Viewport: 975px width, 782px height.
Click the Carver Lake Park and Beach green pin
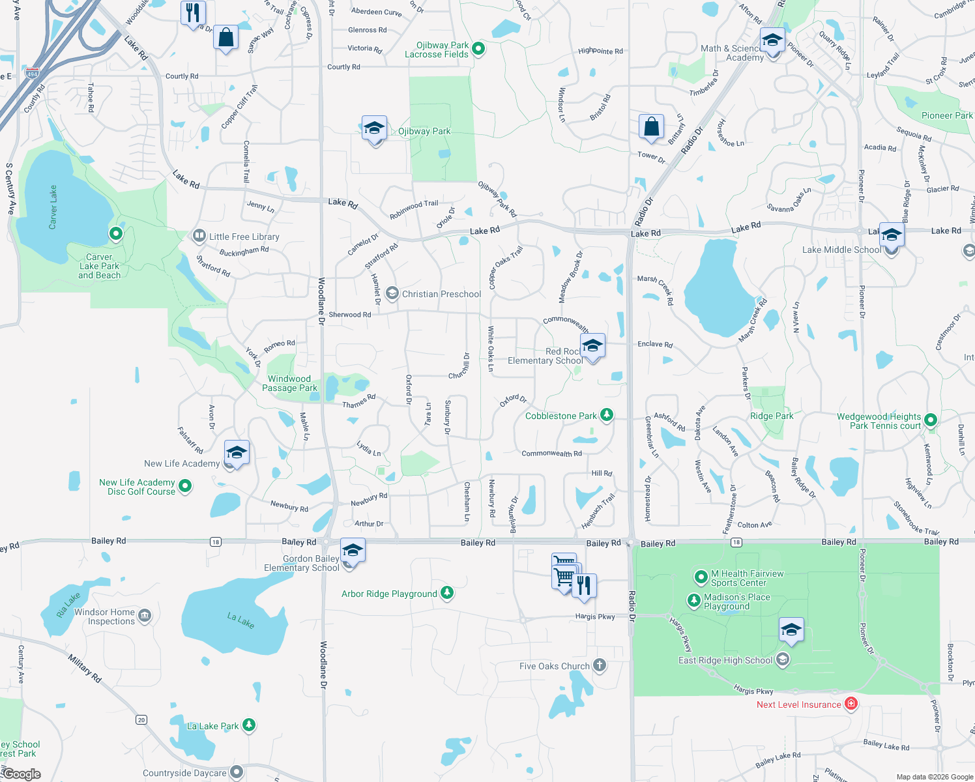[116, 233]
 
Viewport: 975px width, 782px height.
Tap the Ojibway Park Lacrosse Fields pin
[478, 48]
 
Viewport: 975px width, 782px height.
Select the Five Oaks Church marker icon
[600, 665]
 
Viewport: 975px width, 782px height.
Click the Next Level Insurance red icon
[851, 704]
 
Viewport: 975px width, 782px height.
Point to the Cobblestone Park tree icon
[607, 414]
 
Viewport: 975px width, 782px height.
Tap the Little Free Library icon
[199, 236]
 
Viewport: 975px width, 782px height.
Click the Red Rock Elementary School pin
[592, 346]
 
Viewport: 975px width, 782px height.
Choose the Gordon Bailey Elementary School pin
[352, 551]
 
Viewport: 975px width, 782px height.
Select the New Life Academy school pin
[237, 452]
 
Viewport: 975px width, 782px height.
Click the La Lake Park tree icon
[248, 725]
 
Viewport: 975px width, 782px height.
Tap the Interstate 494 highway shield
[32, 74]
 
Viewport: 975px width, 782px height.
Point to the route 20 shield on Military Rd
[141, 719]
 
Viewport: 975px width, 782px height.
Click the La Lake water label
[240, 620]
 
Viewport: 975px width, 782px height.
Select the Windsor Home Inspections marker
[145, 615]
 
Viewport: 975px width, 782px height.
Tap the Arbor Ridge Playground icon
[446, 593]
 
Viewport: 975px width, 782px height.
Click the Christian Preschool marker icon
[392, 294]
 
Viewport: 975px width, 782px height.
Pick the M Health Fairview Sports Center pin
[701, 576]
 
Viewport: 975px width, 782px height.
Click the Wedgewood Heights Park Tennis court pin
[931, 420]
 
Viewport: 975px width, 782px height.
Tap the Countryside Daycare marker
[237, 772]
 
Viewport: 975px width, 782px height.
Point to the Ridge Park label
[772, 416]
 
